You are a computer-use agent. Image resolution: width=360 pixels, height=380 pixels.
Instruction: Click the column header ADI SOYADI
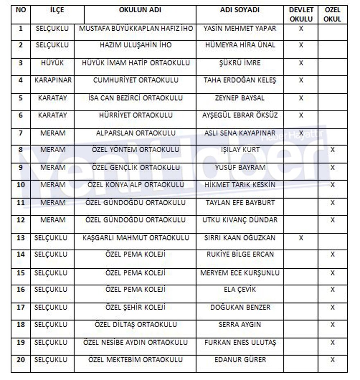click(240, 10)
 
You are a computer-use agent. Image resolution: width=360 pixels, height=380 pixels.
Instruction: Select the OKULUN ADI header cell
click(139, 10)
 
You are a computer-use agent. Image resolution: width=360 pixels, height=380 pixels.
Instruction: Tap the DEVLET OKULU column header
click(301, 14)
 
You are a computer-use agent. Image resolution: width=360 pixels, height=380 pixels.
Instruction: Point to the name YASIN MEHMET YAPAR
click(240, 29)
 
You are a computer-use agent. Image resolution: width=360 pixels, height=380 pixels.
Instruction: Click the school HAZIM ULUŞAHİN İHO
click(135, 45)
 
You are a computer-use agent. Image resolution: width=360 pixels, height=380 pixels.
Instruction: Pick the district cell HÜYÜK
click(53, 63)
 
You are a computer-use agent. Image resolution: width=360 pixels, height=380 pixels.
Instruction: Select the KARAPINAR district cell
click(53, 80)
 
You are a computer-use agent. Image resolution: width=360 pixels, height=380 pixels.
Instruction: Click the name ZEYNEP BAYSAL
click(240, 98)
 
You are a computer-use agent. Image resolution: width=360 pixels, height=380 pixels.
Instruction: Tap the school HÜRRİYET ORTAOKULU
click(135, 115)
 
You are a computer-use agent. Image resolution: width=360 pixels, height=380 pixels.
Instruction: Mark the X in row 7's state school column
click(301, 133)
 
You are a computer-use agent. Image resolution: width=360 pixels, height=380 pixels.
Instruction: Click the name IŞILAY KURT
click(240, 150)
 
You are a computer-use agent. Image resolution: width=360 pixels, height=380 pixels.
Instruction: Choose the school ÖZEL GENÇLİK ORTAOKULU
click(135, 167)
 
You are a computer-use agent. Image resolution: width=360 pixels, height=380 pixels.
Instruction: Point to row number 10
click(21, 184)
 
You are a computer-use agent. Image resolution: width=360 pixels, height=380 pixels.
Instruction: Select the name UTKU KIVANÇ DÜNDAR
click(240, 220)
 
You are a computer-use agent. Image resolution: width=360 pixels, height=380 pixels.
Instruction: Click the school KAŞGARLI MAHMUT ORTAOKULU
click(135, 237)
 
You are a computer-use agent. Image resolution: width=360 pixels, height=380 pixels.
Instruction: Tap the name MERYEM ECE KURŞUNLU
click(240, 272)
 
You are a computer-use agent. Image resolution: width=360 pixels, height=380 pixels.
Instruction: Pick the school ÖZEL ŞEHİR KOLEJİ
click(135, 307)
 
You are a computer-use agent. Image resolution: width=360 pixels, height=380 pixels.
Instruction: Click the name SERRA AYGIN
click(240, 324)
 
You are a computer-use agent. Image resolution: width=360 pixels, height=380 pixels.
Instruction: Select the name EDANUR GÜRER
click(240, 360)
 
